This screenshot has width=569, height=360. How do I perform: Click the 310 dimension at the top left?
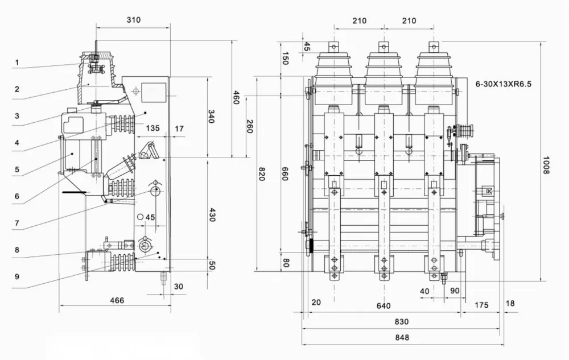click(133, 20)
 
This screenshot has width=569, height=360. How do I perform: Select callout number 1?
click(17, 62)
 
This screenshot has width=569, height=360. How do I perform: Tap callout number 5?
click(17, 169)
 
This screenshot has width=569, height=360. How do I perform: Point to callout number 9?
click(17, 277)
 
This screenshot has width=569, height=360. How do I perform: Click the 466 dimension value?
click(117, 300)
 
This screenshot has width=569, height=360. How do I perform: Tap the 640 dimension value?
click(384, 306)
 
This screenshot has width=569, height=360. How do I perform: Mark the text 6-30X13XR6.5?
click(504, 83)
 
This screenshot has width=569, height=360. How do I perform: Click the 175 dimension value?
click(481, 305)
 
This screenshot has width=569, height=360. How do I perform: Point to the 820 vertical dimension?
click(262, 173)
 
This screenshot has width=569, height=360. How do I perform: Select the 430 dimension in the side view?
click(212, 216)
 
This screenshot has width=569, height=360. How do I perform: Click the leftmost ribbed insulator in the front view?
click(333, 71)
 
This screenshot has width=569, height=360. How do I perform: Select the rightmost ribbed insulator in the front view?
click(434, 71)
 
